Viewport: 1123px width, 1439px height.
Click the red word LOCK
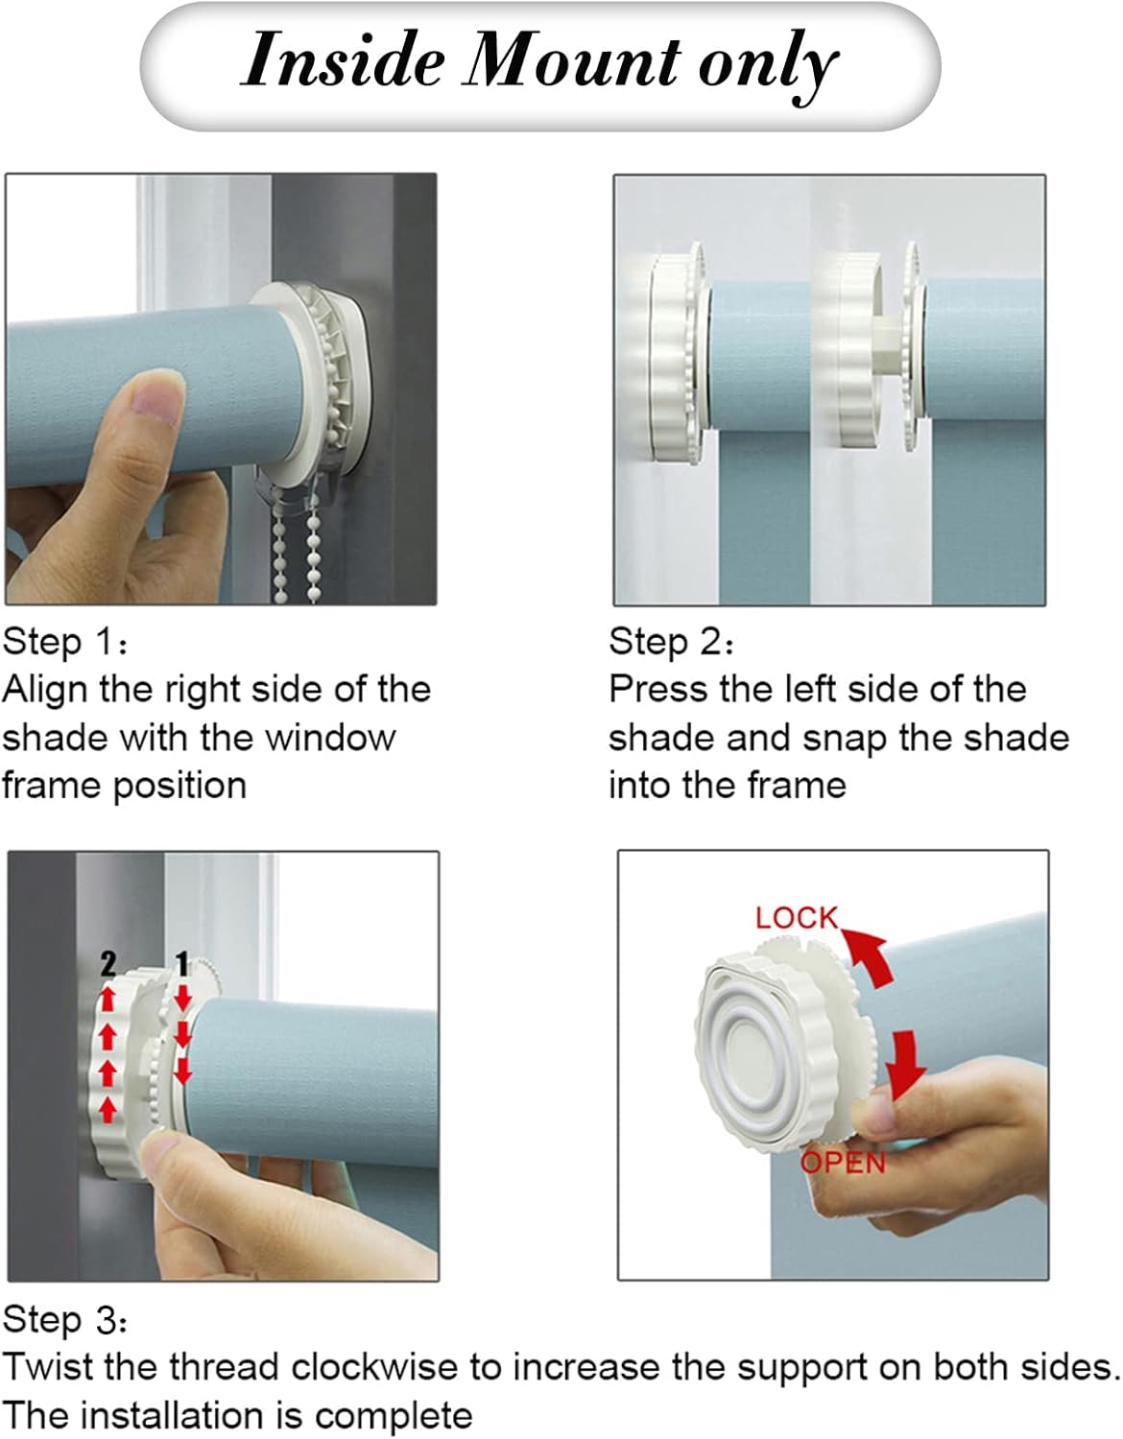[x=797, y=918]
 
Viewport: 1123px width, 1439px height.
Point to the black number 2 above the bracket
[x=108, y=964]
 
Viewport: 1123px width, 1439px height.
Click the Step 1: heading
[x=65, y=642]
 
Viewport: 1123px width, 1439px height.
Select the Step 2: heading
[x=671, y=642]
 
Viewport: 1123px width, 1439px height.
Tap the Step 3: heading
[x=65, y=1320]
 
